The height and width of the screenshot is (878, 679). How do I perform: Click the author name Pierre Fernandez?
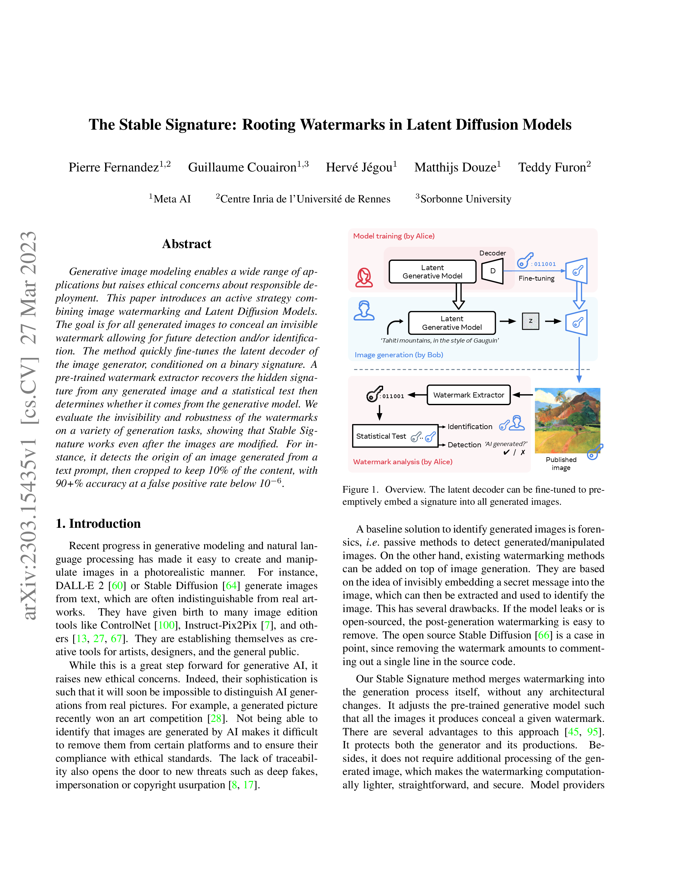tap(114, 167)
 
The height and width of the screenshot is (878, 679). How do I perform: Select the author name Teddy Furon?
tap(552, 167)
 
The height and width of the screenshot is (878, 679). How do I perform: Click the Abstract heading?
tap(186, 244)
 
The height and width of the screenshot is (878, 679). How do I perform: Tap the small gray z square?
tap(530, 321)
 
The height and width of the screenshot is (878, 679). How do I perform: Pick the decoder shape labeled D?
tap(492, 271)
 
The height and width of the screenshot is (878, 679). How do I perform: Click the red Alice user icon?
tap(364, 277)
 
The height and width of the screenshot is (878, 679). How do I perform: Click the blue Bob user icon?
tap(364, 311)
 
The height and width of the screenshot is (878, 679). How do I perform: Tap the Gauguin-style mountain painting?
tap(567, 420)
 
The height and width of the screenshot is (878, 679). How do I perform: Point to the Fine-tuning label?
tap(536, 278)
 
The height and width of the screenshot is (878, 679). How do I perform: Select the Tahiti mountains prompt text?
tap(440, 341)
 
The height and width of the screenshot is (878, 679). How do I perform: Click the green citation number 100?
tap(166, 625)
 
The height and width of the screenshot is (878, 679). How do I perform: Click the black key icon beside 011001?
tap(374, 394)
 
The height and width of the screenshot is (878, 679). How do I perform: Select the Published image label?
tap(561, 464)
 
